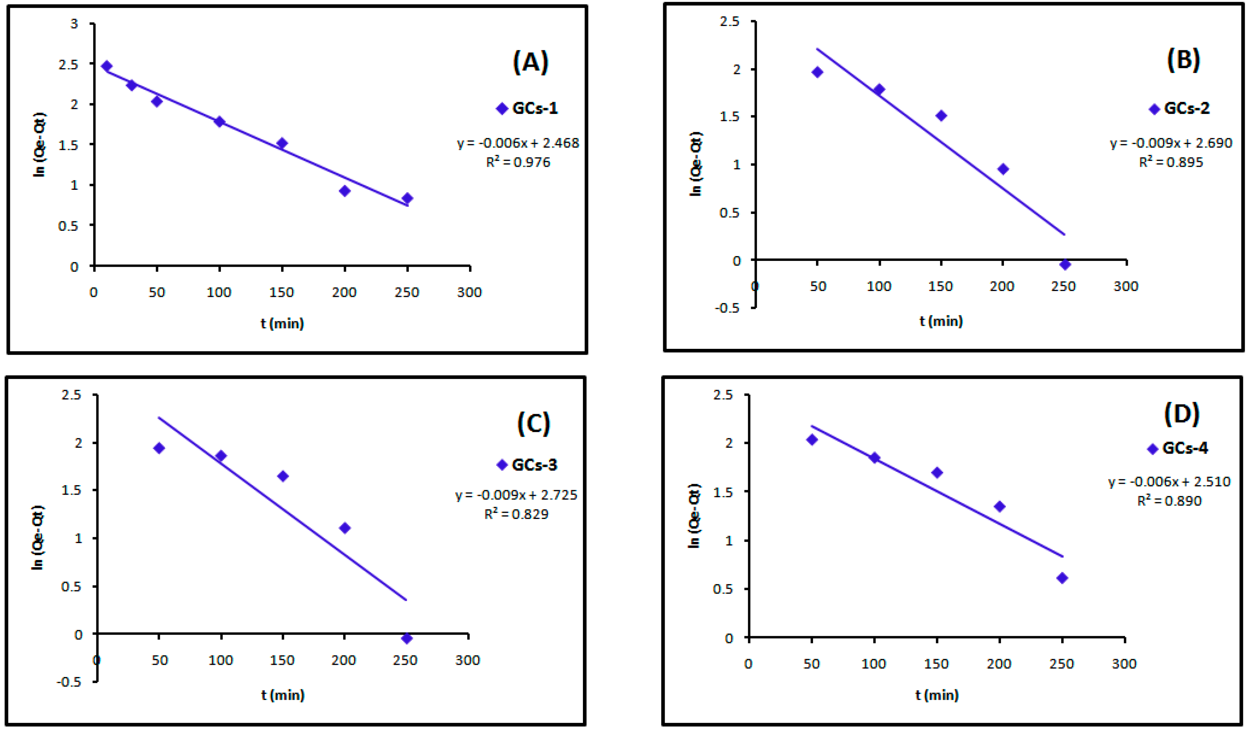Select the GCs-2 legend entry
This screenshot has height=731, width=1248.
[1179, 108]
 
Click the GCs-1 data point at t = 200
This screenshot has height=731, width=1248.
[345, 191]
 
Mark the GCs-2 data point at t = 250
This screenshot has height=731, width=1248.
[1065, 265]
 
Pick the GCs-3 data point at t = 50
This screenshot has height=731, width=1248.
[159, 448]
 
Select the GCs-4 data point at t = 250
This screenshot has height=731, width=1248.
[1062, 578]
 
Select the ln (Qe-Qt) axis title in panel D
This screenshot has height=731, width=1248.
[694, 516]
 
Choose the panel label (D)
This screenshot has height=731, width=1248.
[1182, 414]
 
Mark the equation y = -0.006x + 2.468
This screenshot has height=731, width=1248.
[517, 143]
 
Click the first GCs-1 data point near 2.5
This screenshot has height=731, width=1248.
[107, 66]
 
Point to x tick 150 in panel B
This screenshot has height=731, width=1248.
[941, 286]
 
